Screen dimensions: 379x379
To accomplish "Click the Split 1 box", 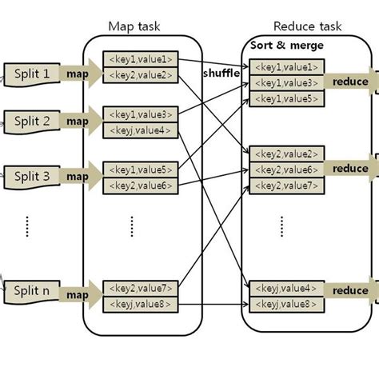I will coord(31,74).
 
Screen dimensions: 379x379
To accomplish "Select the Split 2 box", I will coord(31,122).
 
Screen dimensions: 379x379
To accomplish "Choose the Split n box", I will coord(31,294).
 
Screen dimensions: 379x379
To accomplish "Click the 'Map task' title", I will coord(135,26).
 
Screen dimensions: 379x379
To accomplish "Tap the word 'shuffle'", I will coord(221,74).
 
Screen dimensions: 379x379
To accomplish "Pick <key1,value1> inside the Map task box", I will coord(140,59).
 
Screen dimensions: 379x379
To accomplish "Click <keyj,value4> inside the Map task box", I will coord(140,130).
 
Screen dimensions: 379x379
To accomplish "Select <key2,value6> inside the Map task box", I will coord(140,185).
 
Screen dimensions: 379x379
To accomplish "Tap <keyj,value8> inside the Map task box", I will coord(140,305).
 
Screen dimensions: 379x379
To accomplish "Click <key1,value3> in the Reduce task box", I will coord(285,83).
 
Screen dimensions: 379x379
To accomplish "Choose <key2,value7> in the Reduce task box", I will coord(285,186).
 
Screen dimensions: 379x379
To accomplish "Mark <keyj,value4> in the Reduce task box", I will coord(285,288).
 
